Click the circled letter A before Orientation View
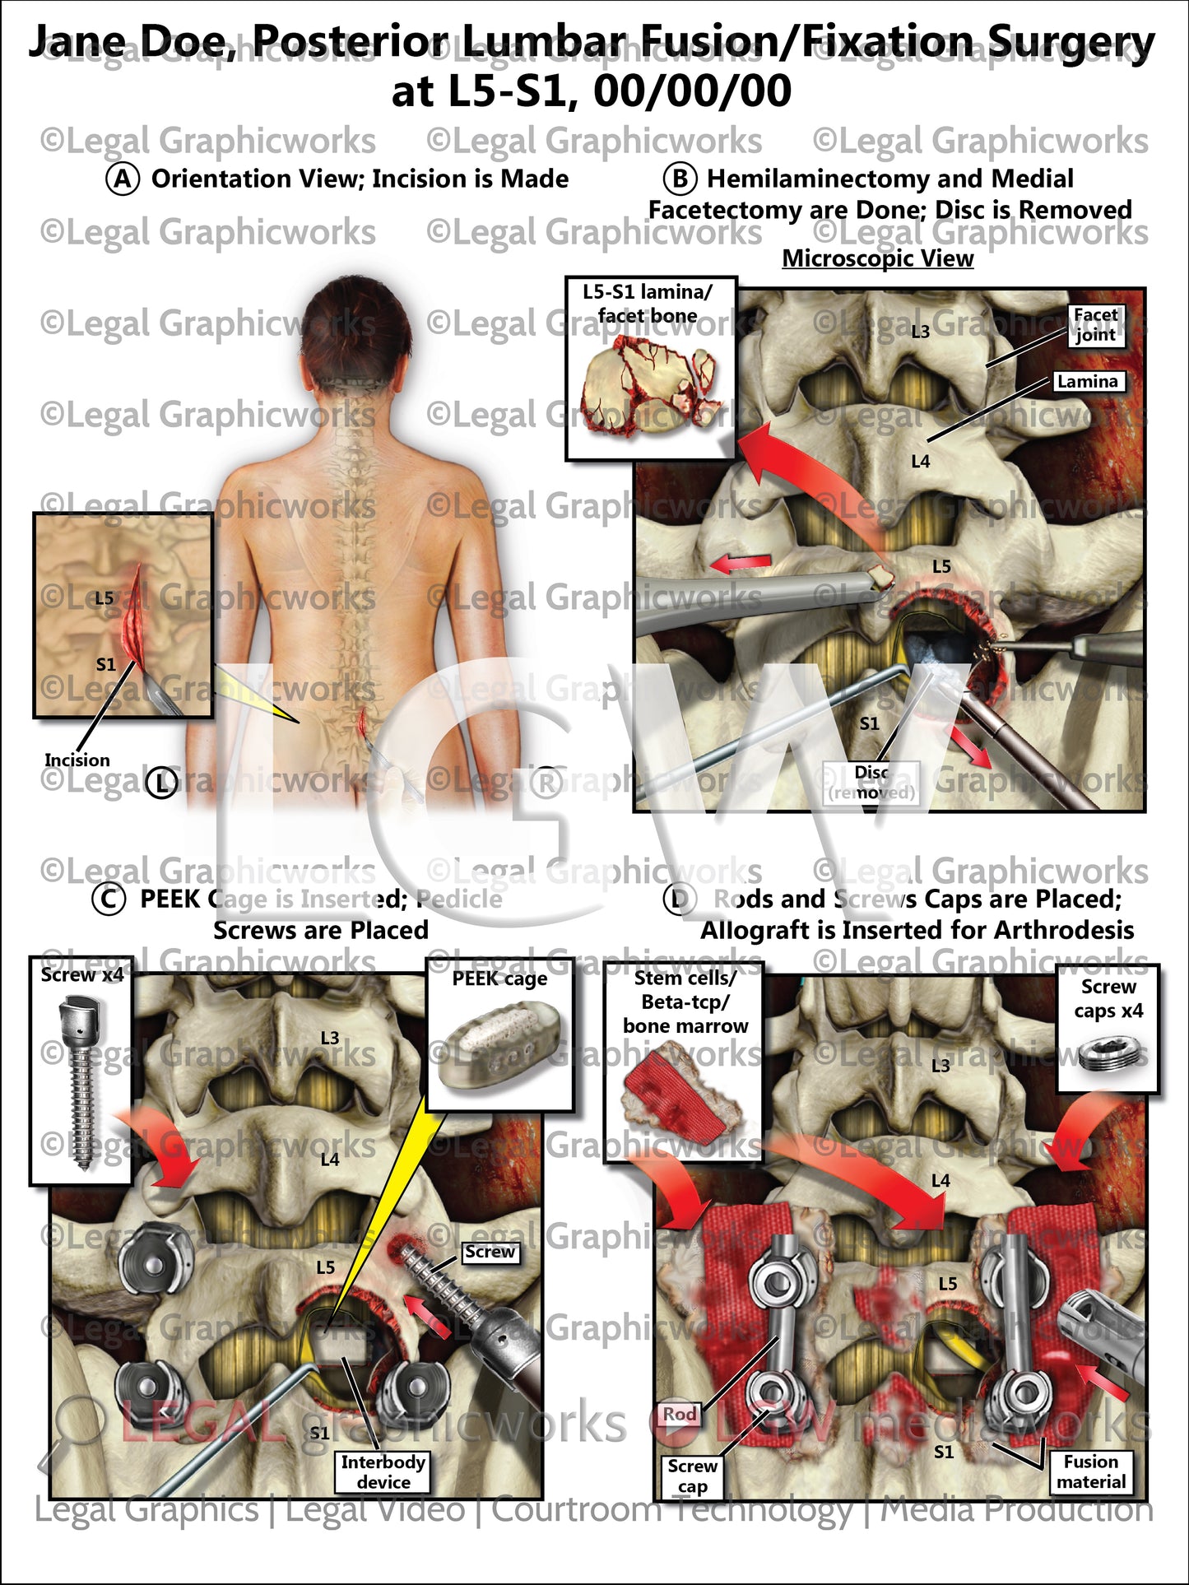(122, 179)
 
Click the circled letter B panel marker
(680, 179)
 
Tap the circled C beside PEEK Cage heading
(109, 899)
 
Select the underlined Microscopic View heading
(877, 258)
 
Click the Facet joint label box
(1095, 325)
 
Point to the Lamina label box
(1087, 381)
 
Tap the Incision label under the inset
(77, 760)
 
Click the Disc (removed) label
(871, 783)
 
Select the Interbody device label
(383, 1471)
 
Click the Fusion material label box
(1091, 1471)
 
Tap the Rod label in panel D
(680, 1414)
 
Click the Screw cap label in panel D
(692, 1476)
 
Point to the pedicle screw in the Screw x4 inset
(80, 1078)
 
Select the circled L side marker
(162, 782)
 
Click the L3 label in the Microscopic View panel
(920, 332)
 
